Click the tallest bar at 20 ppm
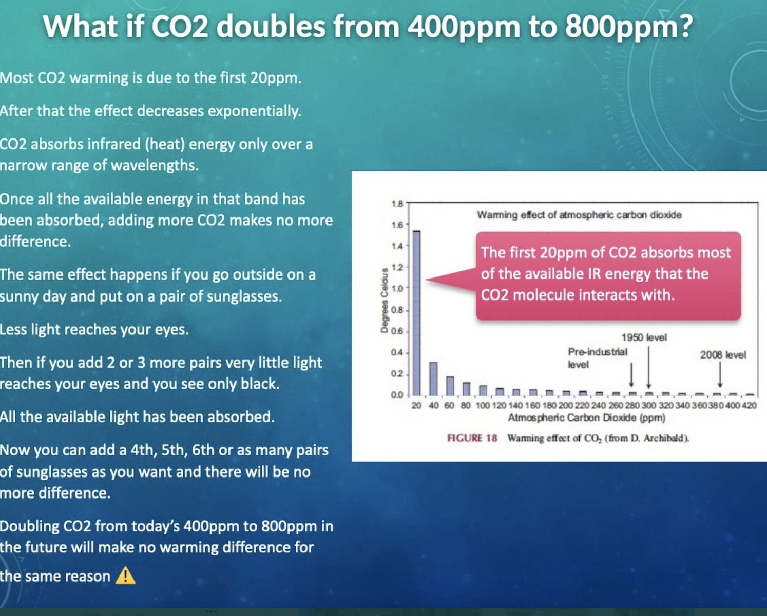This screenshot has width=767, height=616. click(416, 313)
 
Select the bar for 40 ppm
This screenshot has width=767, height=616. click(433, 379)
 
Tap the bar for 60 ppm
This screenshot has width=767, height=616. click(450, 386)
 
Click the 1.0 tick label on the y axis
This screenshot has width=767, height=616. click(397, 288)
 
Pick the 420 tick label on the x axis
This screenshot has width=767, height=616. click(749, 406)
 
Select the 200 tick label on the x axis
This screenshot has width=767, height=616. click(565, 406)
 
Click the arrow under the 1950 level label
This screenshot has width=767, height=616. click(649, 367)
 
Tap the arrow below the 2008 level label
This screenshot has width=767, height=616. click(720, 374)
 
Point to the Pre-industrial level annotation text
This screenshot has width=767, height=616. click(598, 358)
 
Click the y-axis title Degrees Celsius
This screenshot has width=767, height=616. click(384, 301)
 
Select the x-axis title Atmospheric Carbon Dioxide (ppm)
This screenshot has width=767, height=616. click(587, 418)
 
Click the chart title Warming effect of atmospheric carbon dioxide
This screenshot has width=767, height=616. click(579, 215)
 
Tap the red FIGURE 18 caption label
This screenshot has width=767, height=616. click(472, 438)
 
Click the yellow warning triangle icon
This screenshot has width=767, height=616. click(125, 575)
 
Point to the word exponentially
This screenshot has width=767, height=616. click(255, 111)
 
